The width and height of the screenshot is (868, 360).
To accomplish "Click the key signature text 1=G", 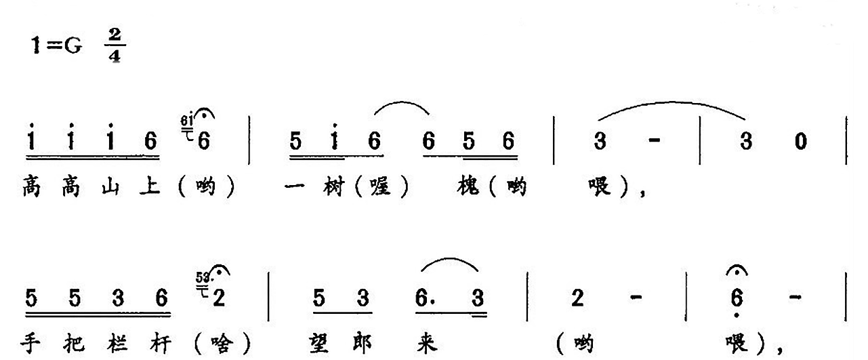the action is [56, 46].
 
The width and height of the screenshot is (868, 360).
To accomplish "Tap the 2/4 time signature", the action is [115, 45].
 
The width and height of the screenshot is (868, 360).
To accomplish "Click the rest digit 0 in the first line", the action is [800, 141].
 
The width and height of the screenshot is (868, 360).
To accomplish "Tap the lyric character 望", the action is [319, 344].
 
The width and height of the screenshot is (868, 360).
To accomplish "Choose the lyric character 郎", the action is [363, 344].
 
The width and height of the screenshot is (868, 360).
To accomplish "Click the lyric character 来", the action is [427, 344].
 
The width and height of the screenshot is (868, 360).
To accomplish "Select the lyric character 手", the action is [30, 344].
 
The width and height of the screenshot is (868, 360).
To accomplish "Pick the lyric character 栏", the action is [117, 344].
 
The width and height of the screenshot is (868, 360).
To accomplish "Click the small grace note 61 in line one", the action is [187, 121].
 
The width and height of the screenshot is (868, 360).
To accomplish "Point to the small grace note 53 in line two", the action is [203, 277].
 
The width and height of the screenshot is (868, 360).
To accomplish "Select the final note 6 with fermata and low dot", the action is [737, 298].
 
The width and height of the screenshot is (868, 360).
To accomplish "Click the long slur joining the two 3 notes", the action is [671, 102].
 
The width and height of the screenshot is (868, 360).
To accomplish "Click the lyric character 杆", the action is [161, 344].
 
